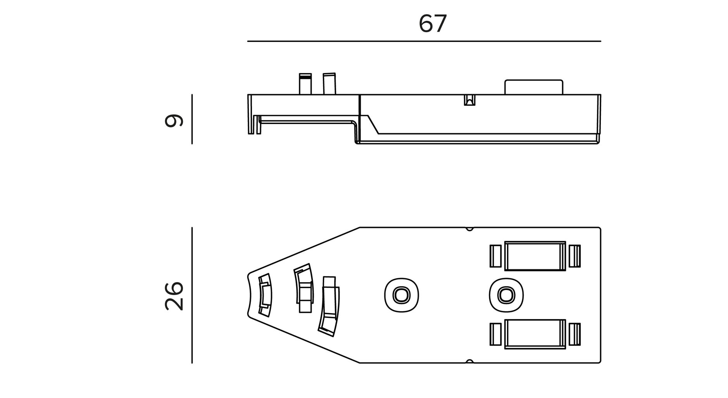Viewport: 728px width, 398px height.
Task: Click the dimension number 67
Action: click(x=433, y=24)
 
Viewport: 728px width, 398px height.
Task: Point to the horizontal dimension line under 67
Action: click(x=424, y=41)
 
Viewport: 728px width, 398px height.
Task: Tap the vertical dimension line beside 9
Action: click(x=192, y=119)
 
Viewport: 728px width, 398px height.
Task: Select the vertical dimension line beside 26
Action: click(x=192, y=295)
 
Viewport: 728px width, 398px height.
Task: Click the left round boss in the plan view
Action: click(x=401, y=295)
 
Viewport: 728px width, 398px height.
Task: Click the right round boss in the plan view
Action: click(x=506, y=295)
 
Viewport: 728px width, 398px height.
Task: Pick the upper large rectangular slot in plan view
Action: click(x=535, y=256)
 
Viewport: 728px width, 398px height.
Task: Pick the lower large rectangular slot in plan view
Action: click(x=535, y=334)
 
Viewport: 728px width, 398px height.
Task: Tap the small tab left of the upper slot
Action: click(x=495, y=256)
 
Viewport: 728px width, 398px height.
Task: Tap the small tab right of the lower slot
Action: click(x=574, y=334)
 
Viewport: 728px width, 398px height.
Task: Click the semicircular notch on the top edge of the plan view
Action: click(x=469, y=229)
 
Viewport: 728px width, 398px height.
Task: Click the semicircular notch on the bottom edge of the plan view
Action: click(x=469, y=362)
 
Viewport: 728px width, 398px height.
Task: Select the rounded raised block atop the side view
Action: click(x=533, y=87)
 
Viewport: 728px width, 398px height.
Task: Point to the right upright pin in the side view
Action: click(x=329, y=84)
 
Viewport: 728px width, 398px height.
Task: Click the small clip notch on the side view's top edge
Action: click(x=469, y=100)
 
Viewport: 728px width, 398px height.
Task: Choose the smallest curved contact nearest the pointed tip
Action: click(x=265, y=295)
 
